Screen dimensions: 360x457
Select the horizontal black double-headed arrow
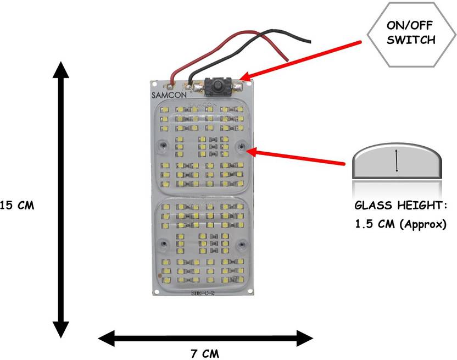205,336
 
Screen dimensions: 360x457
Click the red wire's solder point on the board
172,85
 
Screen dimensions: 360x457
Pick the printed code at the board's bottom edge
202,292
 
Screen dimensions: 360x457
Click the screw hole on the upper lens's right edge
242,146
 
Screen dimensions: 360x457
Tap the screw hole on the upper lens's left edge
163,146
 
